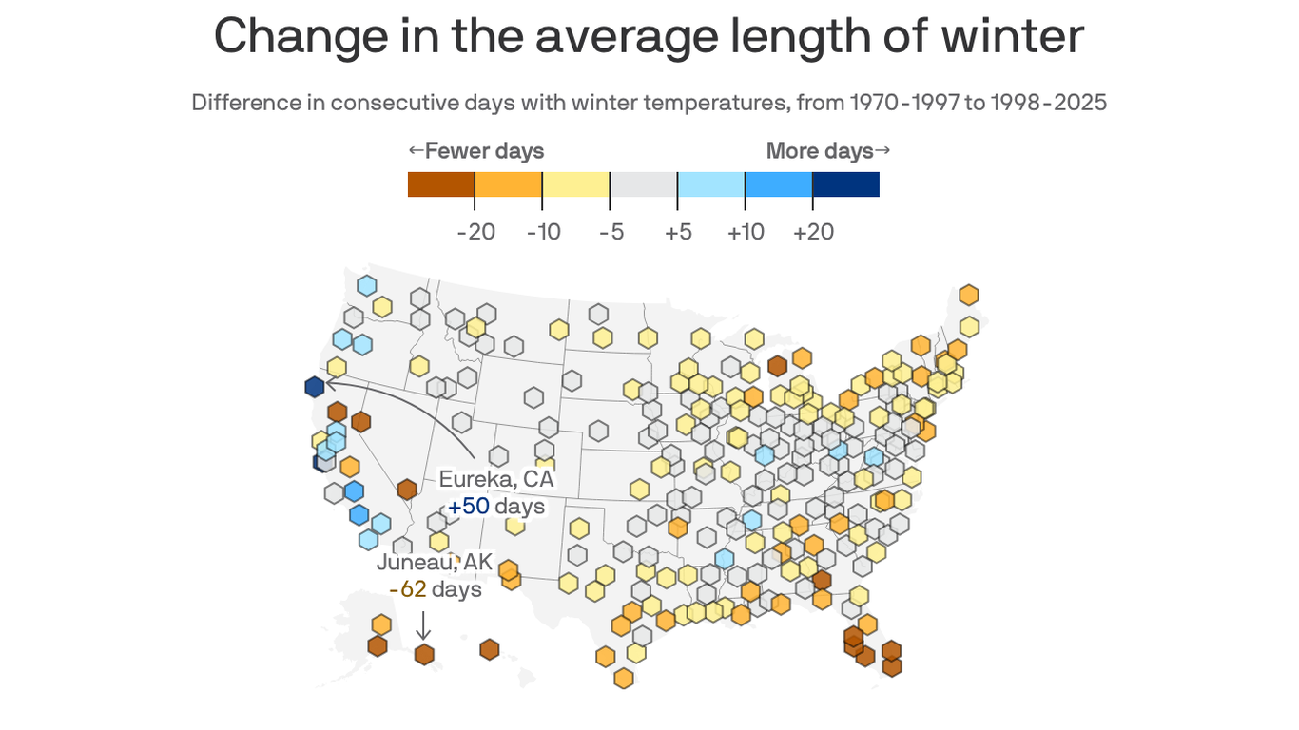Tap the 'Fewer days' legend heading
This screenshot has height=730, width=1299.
pyautogui.click(x=484, y=151)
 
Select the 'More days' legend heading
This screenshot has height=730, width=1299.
pyautogui.click(x=820, y=151)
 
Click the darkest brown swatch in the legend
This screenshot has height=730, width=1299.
pyautogui.click(x=440, y=184)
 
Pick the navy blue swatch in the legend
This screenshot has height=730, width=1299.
pyautogui.click(x=845, y=184)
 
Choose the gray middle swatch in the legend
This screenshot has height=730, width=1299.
pyautogui.click(x=643, y=184)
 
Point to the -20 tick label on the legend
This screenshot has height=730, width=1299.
pyautogui.click(x=475, y=232)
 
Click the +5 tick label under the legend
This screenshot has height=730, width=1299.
pyautogui.click(x=678, y=232)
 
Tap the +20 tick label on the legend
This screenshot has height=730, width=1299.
pyautogui.click(x=813, y=232)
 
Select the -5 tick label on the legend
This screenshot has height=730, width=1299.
pyautogui.click(x=611, y=232)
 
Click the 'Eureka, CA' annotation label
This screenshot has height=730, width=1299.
pyautogui.click(x=495, y=479)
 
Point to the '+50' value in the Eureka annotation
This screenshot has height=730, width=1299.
pyautogui.click(x=468, y=507)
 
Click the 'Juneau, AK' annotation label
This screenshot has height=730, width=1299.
pyautogui.click(x=435, y=562)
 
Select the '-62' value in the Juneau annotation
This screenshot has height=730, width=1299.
pyautogui.click(x=407, y=589)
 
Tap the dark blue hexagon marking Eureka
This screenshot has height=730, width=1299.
pyautogui.click(x=315, y=387)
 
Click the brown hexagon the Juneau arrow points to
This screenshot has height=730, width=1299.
pyautogui.click(x=424, y=654)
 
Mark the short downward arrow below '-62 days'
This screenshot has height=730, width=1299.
pyautogui.click(x=424, y=624)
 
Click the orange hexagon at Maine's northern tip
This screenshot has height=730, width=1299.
pyautogui.click(x=969, y=295)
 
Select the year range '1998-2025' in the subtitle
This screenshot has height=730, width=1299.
pyautogui.click(x=1048, y=103)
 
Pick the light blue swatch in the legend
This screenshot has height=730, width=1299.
pyautogui.click(x=710, y=184)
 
